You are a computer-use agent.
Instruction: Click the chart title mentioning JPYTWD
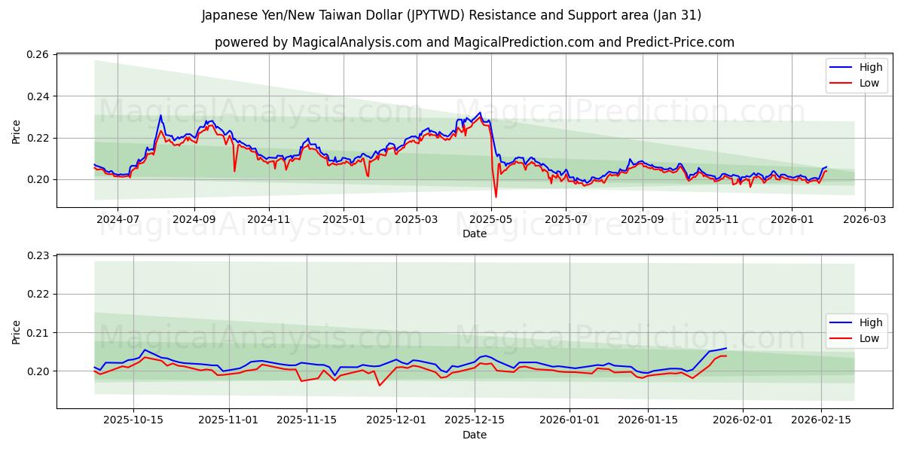(x=452, y=15)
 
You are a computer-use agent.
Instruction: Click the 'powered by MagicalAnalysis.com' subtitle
(x=475, y=42)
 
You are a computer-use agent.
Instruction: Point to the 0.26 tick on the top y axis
(x=38, y=55)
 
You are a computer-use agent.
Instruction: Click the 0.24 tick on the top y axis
(x=38, y=96)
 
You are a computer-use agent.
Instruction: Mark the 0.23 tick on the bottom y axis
(x=38, y=256)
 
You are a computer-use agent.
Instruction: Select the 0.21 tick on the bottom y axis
(x=38, y=333)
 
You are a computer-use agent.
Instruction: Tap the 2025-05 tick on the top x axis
(x=491, y=218)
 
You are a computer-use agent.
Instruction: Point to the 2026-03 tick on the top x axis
(x=864, y=218)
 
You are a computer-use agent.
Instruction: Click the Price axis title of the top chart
(x=17, y=131)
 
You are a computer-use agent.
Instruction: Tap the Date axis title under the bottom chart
(x=475, y=435)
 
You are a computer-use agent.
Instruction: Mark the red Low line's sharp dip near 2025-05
(x=496, y=197)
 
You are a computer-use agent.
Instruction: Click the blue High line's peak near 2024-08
(x=160, y=115)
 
